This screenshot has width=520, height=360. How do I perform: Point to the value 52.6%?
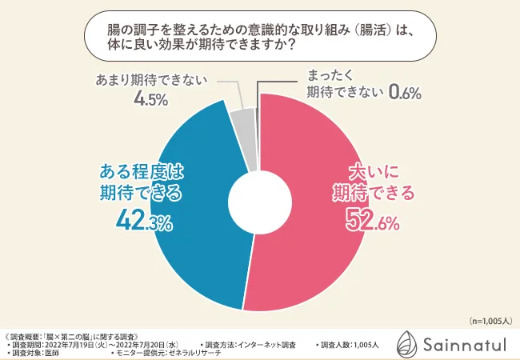[x=372, y=220]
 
